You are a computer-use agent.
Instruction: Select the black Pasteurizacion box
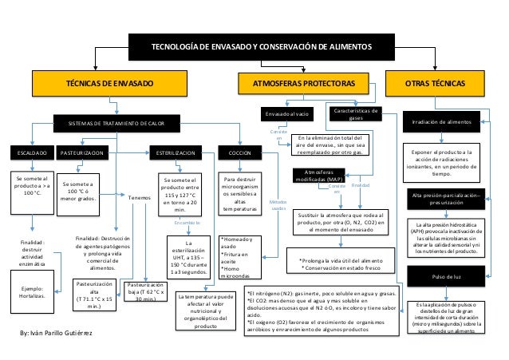tap(82, 151)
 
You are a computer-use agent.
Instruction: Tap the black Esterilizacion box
tap(177, 151)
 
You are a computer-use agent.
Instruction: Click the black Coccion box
tap(240, 151)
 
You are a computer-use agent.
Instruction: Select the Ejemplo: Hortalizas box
tap(33, 292)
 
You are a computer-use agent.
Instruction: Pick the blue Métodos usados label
tap(278, 205)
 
